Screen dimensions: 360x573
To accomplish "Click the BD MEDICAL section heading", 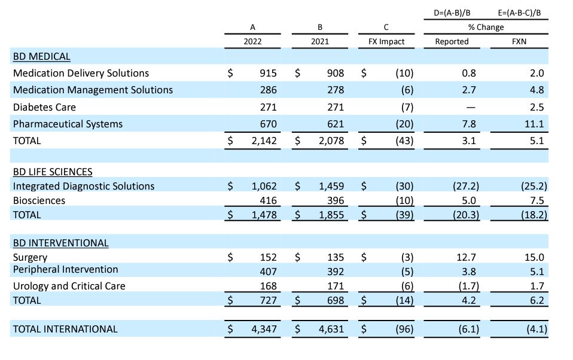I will [x=41, y=57].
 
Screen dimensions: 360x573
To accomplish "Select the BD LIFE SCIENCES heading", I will [x=53, y=172].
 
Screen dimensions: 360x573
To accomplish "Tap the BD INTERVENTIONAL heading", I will [x=61, y=243].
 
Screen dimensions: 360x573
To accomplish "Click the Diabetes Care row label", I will [x=44, y=107].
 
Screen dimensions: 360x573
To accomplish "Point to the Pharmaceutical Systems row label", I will [x=68, y=124].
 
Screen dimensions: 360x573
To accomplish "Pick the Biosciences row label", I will [x=39, y=200].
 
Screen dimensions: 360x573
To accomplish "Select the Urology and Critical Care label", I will [x=69, y=286].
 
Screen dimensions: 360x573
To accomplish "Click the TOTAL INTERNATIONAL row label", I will [x=65, y=329].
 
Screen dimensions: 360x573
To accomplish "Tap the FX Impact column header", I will [x=386, y=42].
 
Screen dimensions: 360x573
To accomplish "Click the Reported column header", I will [x=452, y=42].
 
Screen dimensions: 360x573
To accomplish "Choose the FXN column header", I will [x=519, y=42].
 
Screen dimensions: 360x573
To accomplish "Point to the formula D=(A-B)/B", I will [x=452, y=13].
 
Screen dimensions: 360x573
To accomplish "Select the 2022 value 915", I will [x=268, y=74].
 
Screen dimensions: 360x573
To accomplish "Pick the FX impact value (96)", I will [x=404, y=329].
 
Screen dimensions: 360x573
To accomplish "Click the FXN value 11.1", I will [x=537, y=124].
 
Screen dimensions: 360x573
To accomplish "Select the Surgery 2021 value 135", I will [x=336, y=258].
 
